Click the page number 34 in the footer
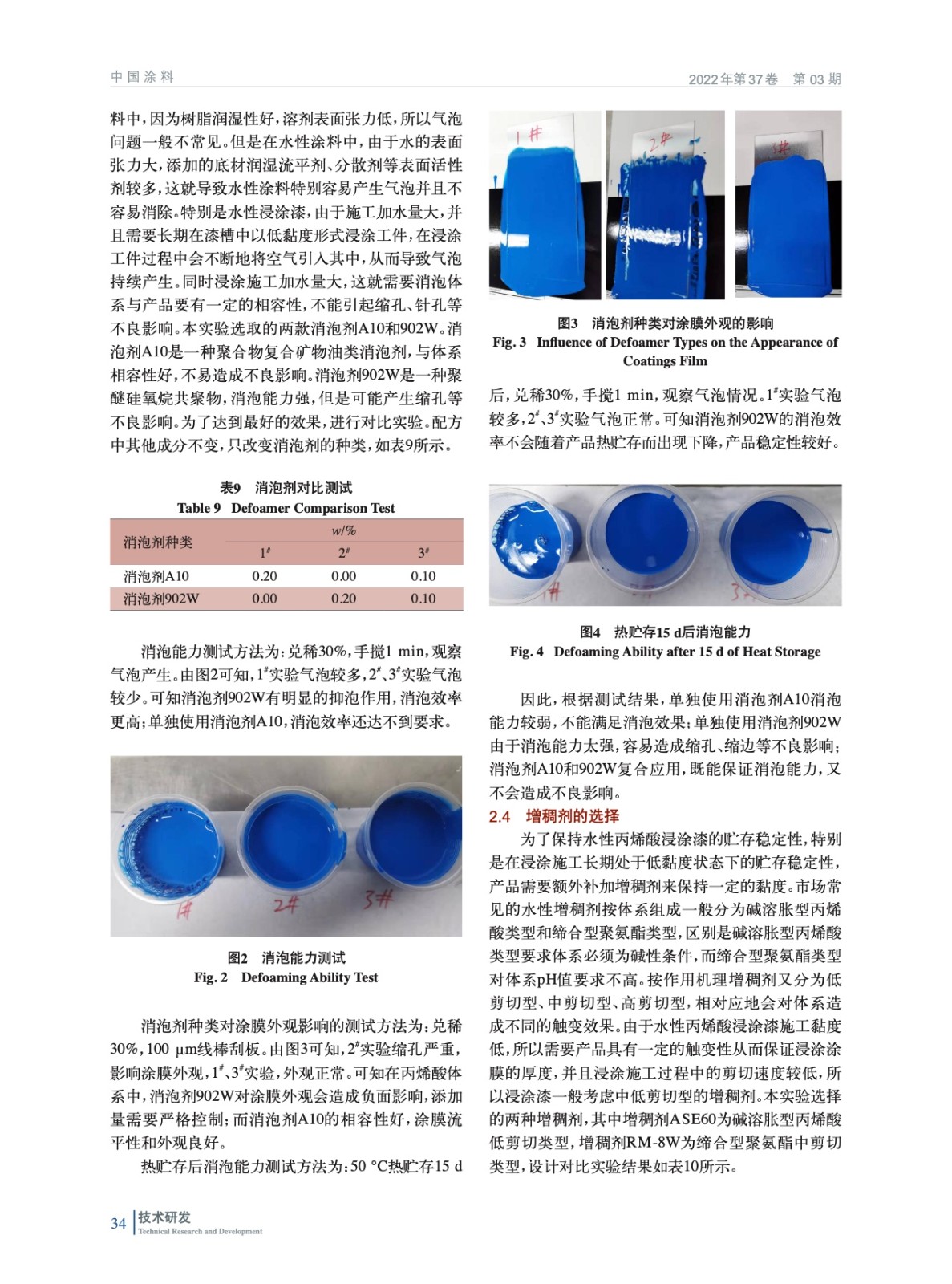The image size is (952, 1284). click(x=118, y=1223)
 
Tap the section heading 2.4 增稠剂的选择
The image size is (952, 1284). click(x=553, y=816)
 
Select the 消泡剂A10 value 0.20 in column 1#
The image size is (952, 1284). click(x=265, y=576)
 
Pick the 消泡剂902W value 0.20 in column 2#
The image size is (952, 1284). click(x=343, y=599)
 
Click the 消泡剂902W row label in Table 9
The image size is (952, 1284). click(x=160, y=599)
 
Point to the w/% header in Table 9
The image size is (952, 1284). click(x=343, y=530)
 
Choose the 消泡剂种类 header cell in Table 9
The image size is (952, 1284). click(x=158, y=542)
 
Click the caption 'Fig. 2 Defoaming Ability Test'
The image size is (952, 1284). click(x=286, y=977)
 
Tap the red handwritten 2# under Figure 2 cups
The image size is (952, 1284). click(x=286, y=904)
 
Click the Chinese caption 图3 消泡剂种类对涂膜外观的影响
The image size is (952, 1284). click(x=665, y=323)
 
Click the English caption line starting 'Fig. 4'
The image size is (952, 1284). click(x=665, y=652)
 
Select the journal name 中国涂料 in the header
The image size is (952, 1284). click(x=142, y=77)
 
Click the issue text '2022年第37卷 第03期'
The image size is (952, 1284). click(x=764, y=79)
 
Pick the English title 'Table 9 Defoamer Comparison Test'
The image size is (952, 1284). click(x=286, y=508)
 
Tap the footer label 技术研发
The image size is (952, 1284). click(x=164, y=1217)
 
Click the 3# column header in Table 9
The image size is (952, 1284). click(x=423, y=553)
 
